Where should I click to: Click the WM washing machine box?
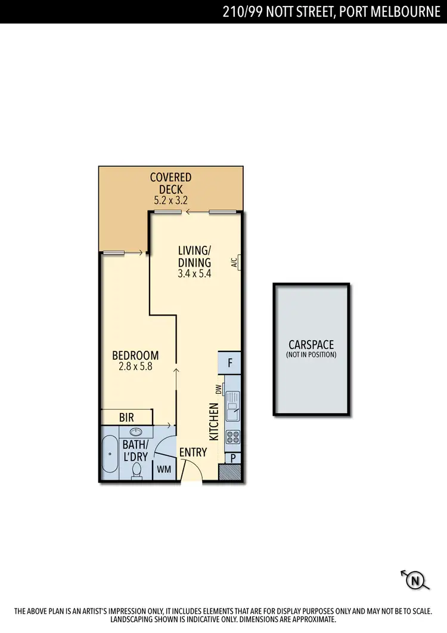point(164,470)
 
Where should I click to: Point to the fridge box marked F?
point(230,362)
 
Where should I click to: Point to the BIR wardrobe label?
point(126,418)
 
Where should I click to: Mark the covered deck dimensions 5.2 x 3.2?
point(170,200)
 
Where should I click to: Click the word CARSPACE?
point(311,344)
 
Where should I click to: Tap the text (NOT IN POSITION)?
point(311,355)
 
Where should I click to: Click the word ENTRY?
point(193,452)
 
